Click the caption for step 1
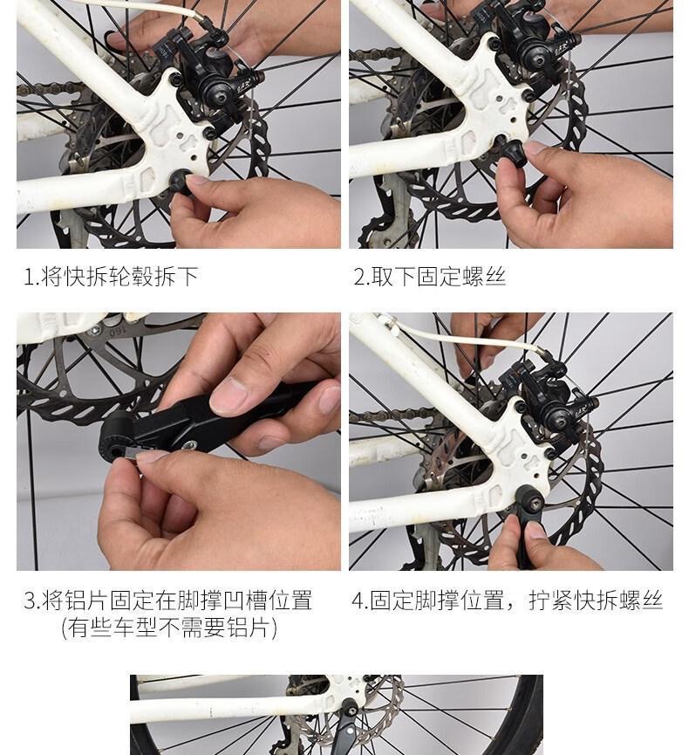[111, 277]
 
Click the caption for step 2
[429, 277]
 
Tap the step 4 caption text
[507, 601]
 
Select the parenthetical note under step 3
[169, 628]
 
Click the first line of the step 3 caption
[168, 601]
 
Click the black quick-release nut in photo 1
[181, 182]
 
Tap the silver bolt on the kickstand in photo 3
[191, 445]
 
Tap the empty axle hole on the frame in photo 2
[499, 141]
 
